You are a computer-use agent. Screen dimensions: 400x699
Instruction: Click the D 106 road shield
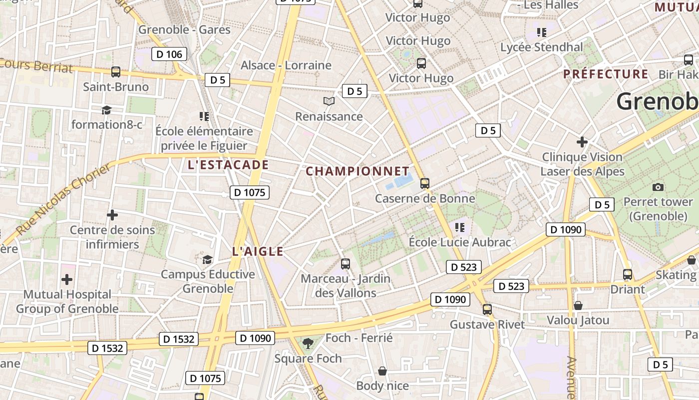point(169,54)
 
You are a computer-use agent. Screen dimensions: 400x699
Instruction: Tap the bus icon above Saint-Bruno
point(116,72)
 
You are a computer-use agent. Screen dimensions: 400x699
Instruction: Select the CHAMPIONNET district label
point(357,171)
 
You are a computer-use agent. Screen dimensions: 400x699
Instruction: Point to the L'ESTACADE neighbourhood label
point(228,165)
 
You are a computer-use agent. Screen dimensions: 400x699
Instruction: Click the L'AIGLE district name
point(258,251)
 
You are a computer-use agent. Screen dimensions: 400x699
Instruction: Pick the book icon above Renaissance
point(329,101)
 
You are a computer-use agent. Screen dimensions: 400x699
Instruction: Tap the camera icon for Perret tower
point(658,187)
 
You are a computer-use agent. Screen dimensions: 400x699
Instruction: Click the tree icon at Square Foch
point(308,343)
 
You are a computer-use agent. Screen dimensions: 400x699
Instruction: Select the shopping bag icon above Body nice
point(382,371)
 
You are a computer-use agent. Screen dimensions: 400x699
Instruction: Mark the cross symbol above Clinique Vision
point(582,142)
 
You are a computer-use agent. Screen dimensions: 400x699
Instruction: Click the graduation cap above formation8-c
point(106,110)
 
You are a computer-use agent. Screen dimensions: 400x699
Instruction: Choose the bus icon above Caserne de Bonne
point(425,183)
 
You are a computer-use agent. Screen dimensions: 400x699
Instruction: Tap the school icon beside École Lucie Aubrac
point(460,227)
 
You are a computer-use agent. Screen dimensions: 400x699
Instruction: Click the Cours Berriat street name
point(37,65)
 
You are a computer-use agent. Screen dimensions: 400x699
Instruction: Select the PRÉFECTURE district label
point(606,74)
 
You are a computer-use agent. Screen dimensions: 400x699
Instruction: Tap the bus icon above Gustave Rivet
point(487,309)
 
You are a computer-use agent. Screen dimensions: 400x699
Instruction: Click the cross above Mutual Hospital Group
point(67,279)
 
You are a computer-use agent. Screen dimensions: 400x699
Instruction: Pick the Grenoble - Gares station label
point(184,29)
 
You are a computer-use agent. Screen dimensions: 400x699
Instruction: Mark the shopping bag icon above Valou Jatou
point(578,305)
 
